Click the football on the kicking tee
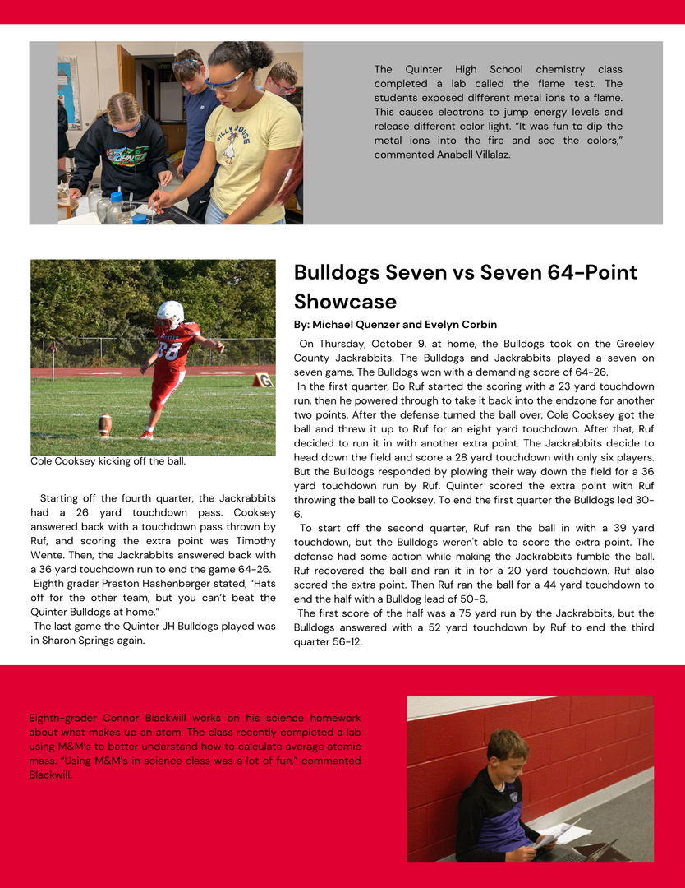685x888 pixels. point(105,424)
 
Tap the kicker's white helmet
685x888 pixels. point(170,312)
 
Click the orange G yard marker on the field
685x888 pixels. point(263,380)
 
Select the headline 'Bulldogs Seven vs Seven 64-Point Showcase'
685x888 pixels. point(466,286)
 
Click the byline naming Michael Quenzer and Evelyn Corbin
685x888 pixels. point(395,325)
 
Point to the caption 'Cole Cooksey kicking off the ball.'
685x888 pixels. point(108,461)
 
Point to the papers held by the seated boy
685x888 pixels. point(560,832)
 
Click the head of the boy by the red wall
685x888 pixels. point(506,752)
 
